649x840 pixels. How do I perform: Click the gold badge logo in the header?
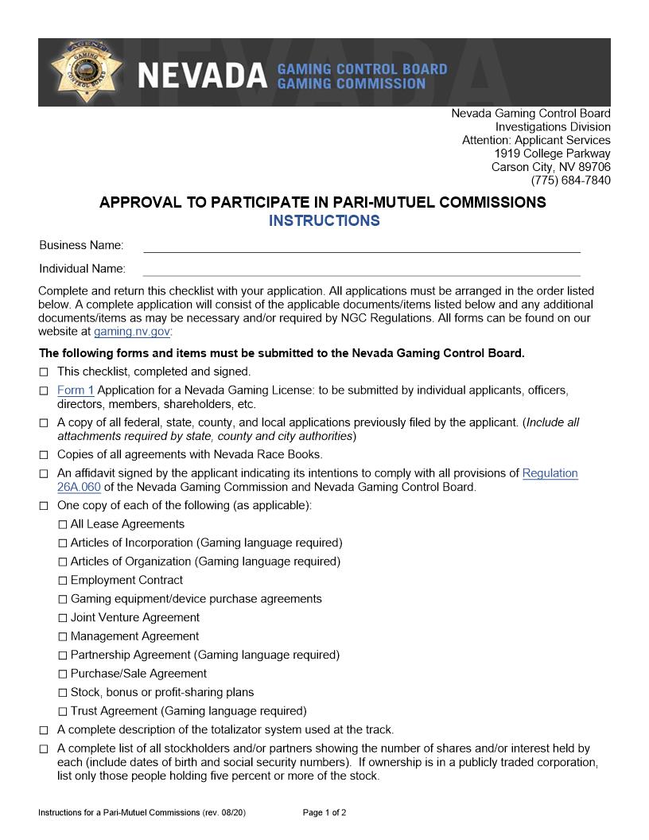pyautogui.click(x=85, y=71)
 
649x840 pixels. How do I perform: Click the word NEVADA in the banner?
pyautogui.click(x=202, y=76)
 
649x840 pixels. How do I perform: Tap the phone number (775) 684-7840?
pyautogui.click(x=570, y=181)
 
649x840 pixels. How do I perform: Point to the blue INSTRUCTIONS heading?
pyautogui.click(x=324, y=221)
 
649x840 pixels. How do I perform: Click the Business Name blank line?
pyautogui.click(x=361, y=246)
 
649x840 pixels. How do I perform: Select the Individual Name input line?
pyautogui.click(x=361, y=270)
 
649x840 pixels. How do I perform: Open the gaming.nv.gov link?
pyautogui.click(x=131, y=332)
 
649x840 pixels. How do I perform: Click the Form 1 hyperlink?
pyautogui.click(x=76, y=390)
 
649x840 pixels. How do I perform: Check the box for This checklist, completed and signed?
pyautogui.click(x=44, y=371)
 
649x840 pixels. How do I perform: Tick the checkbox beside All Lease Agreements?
pyautogui.click(x=63, y=525)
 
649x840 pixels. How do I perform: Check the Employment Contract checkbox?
pyautogui.click(x=63, y=581)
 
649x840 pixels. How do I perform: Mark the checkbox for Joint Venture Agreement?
pyautogui.click(x=63, y=618)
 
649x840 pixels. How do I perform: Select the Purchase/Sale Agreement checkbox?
pyautogui.click(x=63, y=675)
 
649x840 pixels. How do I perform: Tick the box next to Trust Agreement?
pyautogui.click(x=63, y=712)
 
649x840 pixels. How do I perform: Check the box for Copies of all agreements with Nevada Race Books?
pyautogui.click(x=44, y=455)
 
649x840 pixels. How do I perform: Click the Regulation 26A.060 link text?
pyautogui.click(x=550, y=473)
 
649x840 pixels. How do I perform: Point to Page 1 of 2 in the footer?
pyautogui.click(x=324, y=813)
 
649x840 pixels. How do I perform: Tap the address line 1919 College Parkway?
pyautogui.click(x=552, y=154)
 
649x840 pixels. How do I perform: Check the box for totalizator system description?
pyautogui.click(x=44, y=730)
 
